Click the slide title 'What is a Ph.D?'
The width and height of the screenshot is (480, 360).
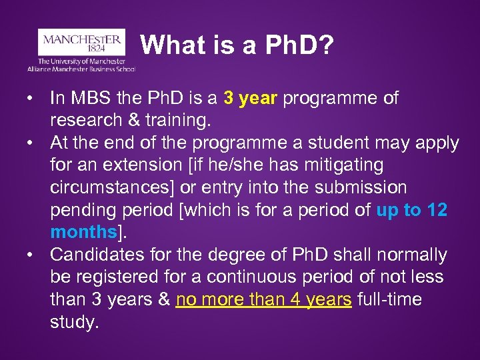[237, 45]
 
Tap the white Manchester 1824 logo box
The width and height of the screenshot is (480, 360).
[81, 43]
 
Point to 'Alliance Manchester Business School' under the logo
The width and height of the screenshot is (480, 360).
[81, 69]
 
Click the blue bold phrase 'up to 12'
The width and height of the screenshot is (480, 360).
[411, 211]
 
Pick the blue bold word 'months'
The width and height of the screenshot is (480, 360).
[83, 233]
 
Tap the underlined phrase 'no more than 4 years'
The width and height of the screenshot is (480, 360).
[263, 300]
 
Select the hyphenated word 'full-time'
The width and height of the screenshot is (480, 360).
[389, 300]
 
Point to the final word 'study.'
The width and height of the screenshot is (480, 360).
[74, 323]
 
